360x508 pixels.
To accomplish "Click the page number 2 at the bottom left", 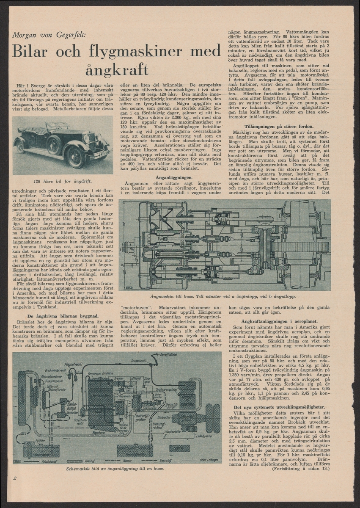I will (15, 479).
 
